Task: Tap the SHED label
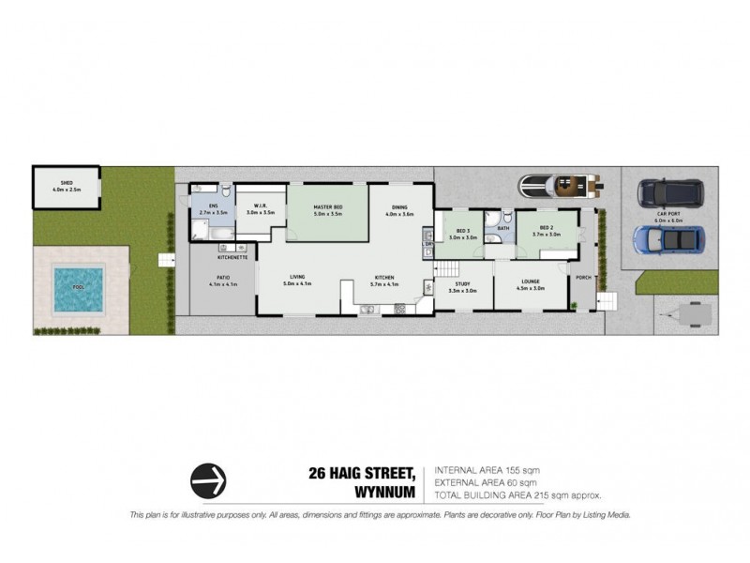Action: click(66, 184)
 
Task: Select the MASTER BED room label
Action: click(328, 207)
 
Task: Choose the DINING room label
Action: click(400, 207)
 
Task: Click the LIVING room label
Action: click(297, 277)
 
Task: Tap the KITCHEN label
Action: click(385, 278)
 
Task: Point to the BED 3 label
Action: click(463, 232)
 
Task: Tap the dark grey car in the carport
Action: click(671, 194)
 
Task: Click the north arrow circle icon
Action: click(209, 481)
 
